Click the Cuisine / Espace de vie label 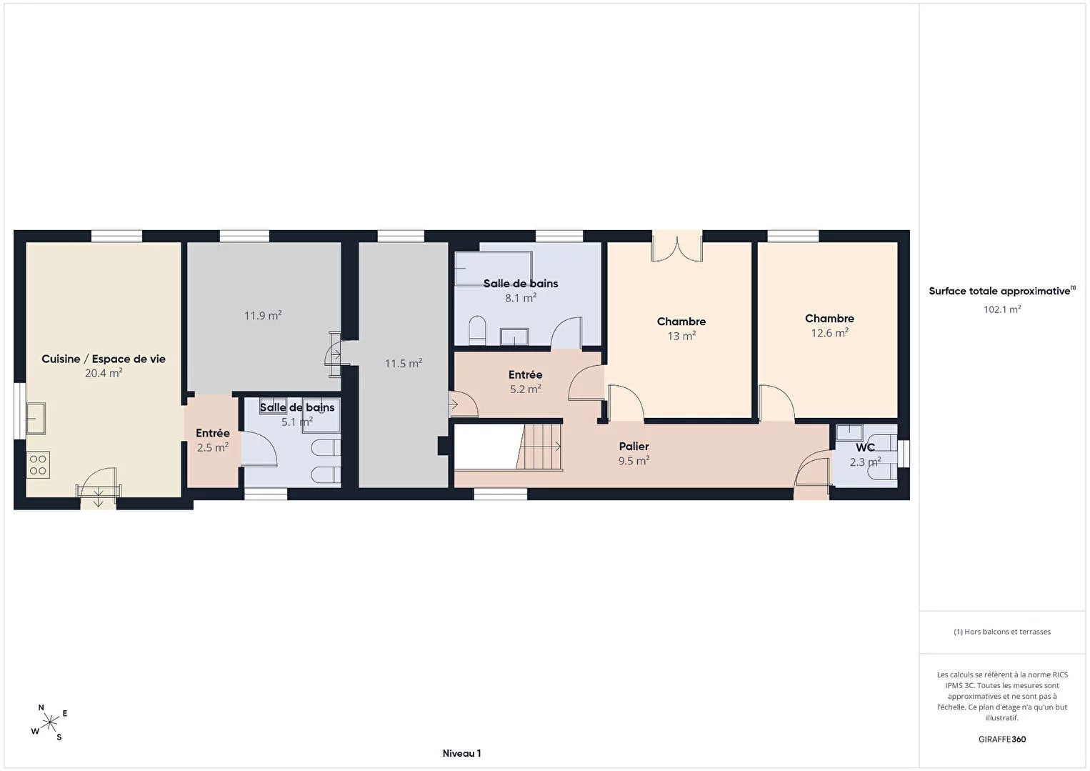(104, 359)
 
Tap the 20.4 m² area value (104, 373)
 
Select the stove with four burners (38, 465)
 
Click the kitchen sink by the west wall (36, 418)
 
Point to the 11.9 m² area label (263, 316)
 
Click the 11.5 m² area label (404, 364)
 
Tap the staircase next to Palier (539, 447)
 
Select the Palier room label (634, 447)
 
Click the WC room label (865, 447)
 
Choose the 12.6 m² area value (830, 333)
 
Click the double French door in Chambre (677, 247)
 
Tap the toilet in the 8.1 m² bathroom (477, 331)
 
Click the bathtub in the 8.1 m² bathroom (494, 268)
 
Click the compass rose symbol (49, 722)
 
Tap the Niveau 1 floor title (462, 753)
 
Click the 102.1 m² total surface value (1002, 309)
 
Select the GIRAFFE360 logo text (1002, 739)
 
